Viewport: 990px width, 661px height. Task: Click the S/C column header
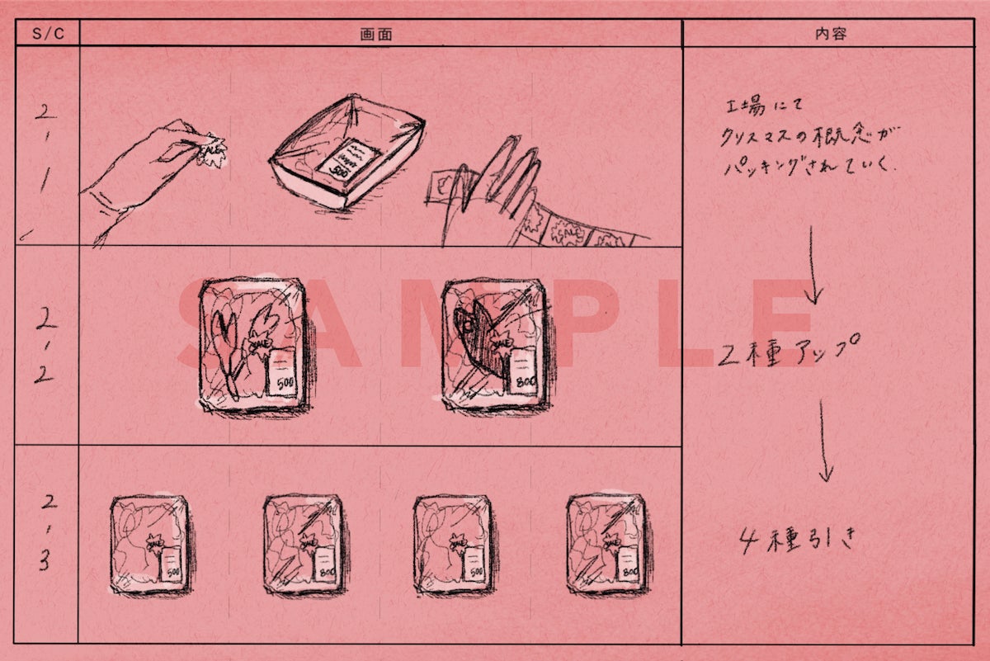(x=46, y=34)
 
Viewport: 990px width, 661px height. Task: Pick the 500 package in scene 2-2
(x=252, y=342)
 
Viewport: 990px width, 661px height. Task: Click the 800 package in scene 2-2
(x=493, y=342)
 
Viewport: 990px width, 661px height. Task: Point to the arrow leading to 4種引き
(x=823, y=441)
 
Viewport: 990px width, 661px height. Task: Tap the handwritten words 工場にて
(x=757, y=107)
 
